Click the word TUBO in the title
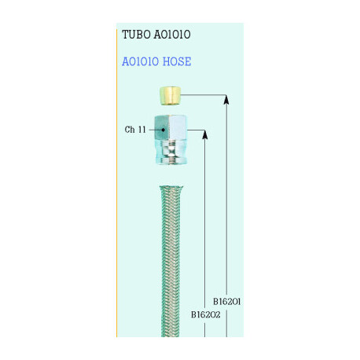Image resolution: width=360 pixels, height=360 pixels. click(x=136, y=35)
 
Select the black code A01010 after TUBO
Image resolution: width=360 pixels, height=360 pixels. click(x=172, y=35)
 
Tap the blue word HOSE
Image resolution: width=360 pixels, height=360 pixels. click(x=177, y=61)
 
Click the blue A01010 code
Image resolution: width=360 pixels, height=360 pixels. click(x=141, y=61)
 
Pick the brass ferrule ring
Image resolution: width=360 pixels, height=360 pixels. click(x=170, y=96)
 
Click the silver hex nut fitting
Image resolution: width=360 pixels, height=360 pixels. click(x=171, y=140)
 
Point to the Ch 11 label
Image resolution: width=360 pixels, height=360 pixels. click(x=135, y=130)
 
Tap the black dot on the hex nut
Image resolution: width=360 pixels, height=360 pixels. click(x=163, y=130)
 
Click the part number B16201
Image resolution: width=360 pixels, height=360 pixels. click(x=226, y=302)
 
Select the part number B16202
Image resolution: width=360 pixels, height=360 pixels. click(x=206, y=314)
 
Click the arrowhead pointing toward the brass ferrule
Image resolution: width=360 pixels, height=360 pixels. click(x=226, y=100)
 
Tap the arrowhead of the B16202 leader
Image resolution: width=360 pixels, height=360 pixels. click(x=205, y=134)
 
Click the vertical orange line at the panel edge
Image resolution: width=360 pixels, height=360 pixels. click(x=116, y=183)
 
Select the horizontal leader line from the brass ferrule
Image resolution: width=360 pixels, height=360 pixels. click(x=204, y=95)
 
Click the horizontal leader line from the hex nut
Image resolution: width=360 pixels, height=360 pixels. click(x=196, y=130)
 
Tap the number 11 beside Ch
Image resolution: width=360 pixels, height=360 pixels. click(x=141, y=130)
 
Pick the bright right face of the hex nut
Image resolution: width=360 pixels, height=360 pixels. click(x=178, y=127)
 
